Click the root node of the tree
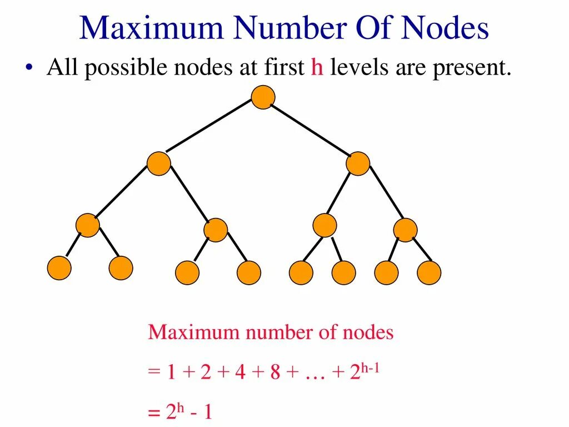click(x=263, y=97)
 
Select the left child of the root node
click(x=159, y=163)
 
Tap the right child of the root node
click(x=358, y=163)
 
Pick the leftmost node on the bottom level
click(x=59, y=268)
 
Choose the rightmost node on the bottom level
click(x=429, y=272)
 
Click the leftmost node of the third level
click(x=87, y=225)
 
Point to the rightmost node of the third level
click(x=405, y=230)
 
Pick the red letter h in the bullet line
click(x=317, y=68)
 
